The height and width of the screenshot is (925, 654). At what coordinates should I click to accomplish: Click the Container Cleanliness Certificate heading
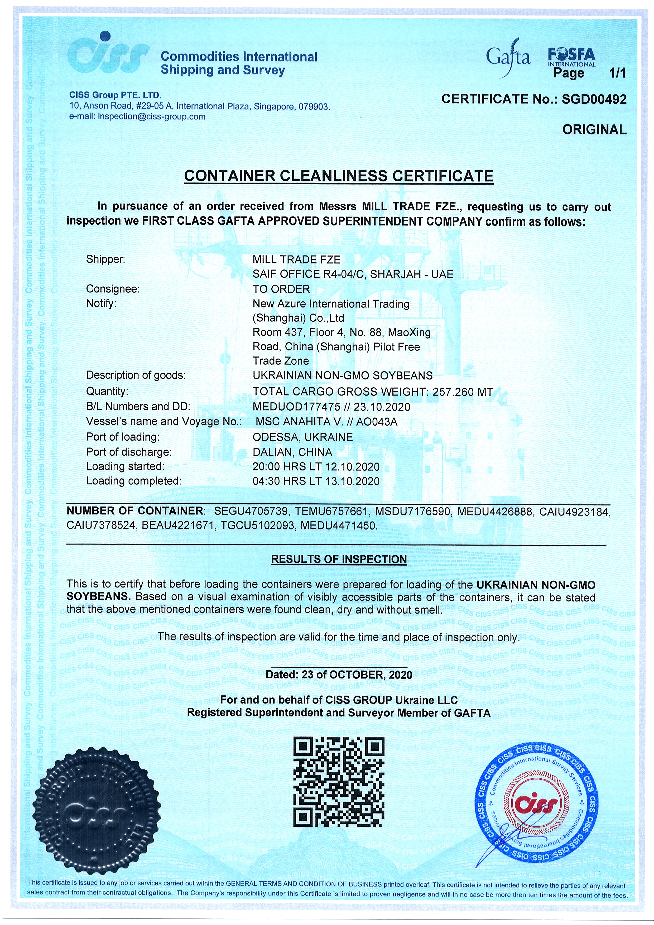click(x=339, y=176)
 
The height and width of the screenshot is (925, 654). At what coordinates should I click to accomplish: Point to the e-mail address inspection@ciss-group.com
click(x=152, y=117)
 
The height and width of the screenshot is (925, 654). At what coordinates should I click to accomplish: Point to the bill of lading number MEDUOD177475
click(x=297, y=407)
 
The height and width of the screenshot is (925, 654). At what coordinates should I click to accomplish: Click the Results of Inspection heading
click(x=339, y=559)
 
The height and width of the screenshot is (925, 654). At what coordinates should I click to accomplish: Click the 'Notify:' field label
click(x=101, y=303)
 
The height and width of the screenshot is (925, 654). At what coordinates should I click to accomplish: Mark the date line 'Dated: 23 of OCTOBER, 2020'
click(x=339, y=675)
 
